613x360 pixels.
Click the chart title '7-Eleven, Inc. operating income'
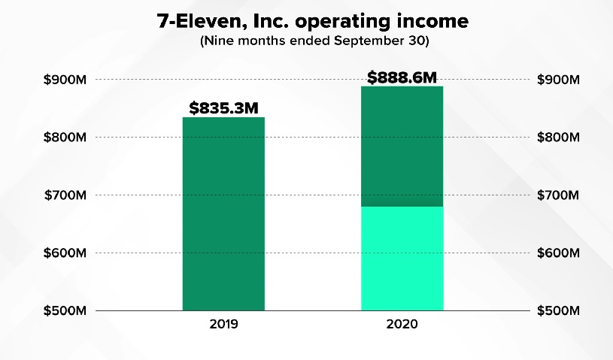(x=306, y=20)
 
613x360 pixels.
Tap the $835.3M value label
(x=223, y=108)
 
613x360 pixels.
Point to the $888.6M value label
(x=402, y=77)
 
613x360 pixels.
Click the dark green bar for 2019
(x=223, y=214)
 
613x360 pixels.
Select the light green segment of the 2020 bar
(x=402, y=258)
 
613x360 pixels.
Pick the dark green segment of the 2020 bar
(x=402, y=147)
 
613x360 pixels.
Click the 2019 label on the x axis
(x=223, y=325)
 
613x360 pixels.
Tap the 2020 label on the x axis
(x=402, y=325)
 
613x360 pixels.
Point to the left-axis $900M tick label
(x=65, y=80)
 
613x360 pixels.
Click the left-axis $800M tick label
(x=65, y=138)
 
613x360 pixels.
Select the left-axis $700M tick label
(x=65, y=195)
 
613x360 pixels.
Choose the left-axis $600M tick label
(x=65, y=253)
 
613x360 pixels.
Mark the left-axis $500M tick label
(x=65, y=310)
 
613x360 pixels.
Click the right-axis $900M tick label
(x=557, y=80)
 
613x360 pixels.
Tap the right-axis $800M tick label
(x=557, y=138)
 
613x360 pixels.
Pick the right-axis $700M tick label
(x=557, y=195)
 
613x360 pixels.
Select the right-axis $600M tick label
(x=557, y=253)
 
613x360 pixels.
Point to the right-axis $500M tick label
(x=557, y=310)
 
